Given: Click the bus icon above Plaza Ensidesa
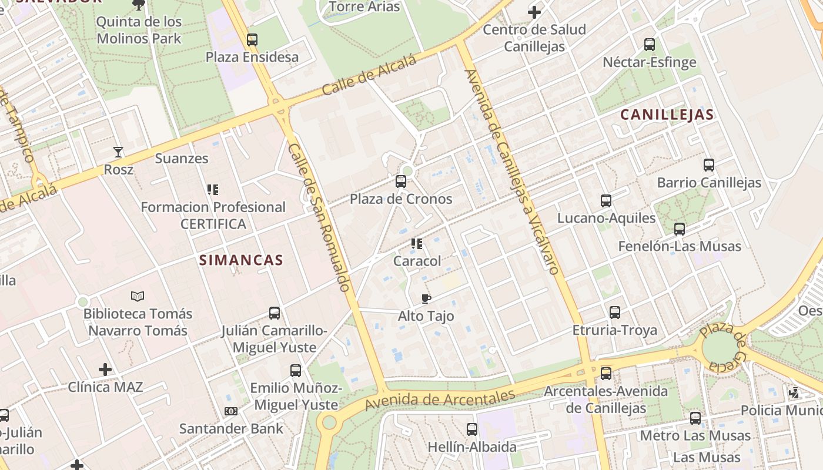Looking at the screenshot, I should coord(252,40).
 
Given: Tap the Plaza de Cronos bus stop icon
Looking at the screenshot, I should coord(401,182).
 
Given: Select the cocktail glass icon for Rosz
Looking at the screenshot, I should coord(118,152).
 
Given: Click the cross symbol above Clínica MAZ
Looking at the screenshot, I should coord(105,370).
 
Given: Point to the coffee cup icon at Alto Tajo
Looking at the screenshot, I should coord(426,298).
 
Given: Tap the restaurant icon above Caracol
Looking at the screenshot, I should coord(417,243).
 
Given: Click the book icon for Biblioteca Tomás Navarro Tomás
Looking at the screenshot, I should coord(138,296).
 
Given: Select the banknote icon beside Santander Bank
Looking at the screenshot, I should coord(231,411).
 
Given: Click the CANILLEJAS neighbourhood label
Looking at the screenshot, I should coord(667,115).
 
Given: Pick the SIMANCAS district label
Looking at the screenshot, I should coord(241,260).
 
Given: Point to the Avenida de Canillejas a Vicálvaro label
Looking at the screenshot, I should coord(510,172).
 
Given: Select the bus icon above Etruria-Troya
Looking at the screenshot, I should coord(615,313).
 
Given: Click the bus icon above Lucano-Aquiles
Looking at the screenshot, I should coord(606,201).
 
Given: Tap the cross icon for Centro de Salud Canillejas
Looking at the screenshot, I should coord(534,12).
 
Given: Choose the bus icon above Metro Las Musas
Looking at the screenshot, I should coord(695,418).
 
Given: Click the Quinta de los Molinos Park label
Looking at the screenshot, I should coord(139,31).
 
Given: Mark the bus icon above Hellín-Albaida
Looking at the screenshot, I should coord(472,429).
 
